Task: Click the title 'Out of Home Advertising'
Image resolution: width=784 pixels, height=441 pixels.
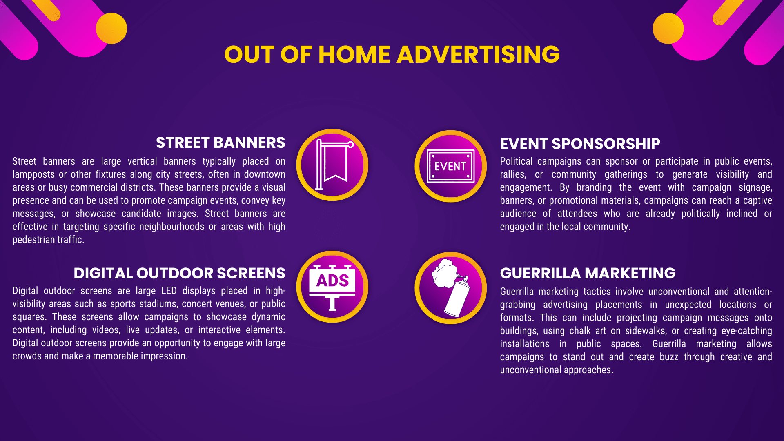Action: [x=392, y=54]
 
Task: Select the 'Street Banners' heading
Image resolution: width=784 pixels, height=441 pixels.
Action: [x=220, y=143]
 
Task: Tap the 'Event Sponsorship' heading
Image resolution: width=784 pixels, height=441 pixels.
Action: [x=580, y=144]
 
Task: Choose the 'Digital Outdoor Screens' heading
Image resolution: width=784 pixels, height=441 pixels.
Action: [x=179, y=273]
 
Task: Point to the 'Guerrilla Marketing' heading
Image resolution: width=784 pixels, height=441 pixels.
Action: [x=588, y=273]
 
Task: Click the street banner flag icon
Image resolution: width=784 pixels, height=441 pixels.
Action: [x=332, y=165]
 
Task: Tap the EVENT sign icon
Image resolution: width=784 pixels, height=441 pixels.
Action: [x=450, y=166]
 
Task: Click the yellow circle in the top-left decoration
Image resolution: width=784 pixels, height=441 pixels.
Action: [x=111, y=28]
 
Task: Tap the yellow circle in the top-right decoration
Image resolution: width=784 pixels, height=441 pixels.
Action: [x=668, y=28]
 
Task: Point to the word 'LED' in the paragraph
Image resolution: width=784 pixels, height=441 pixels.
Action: [x=169, y=291]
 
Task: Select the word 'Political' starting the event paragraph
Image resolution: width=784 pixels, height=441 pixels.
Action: [x=516, y=161]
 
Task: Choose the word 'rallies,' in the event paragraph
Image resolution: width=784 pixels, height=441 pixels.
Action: [x=513, y=174]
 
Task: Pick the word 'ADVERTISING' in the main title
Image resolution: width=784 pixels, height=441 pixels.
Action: [x=478, y=54]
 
